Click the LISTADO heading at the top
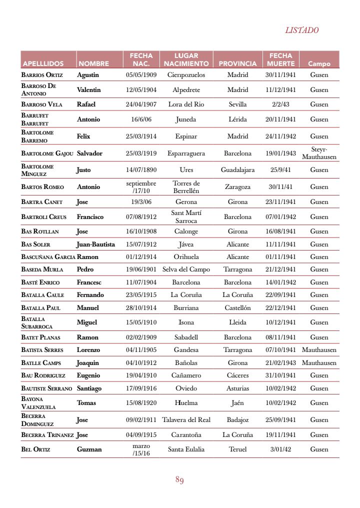pyautogui.click(x=301, y=30)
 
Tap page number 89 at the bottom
pyautogui.click(x=179, y=480)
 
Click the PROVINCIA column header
pyautogui.click(x=237, y=63)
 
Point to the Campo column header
pyautogui.click(x=319, y=63)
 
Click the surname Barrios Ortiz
pyautogui.click(x=42, y=75)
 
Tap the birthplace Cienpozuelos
pyautogui.click(x=186, y=75)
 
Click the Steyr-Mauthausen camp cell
pyautogui.click(x=319, y=153)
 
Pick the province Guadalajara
pyautogui.click(x=237, y=170)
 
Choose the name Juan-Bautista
pyautogui.click(x=95, y=244)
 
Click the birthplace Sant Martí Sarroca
pyautogui.click(x=186, y=216)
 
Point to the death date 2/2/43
pyautogui.click(x=280, y=104)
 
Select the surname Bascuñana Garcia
pyautogui.click(x=48, y=257)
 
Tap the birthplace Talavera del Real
pyautogui.click(x=186, y=420)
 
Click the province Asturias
pyautogui.click(x=237, y=388)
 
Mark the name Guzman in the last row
pyautogui.click(x=89, y=449)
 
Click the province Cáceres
pyautogui.click(x=237, y=375)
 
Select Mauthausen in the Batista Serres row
pyautogui.click(x=319, y=350)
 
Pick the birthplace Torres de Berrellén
pyautogui.click(x=186, y=187)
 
